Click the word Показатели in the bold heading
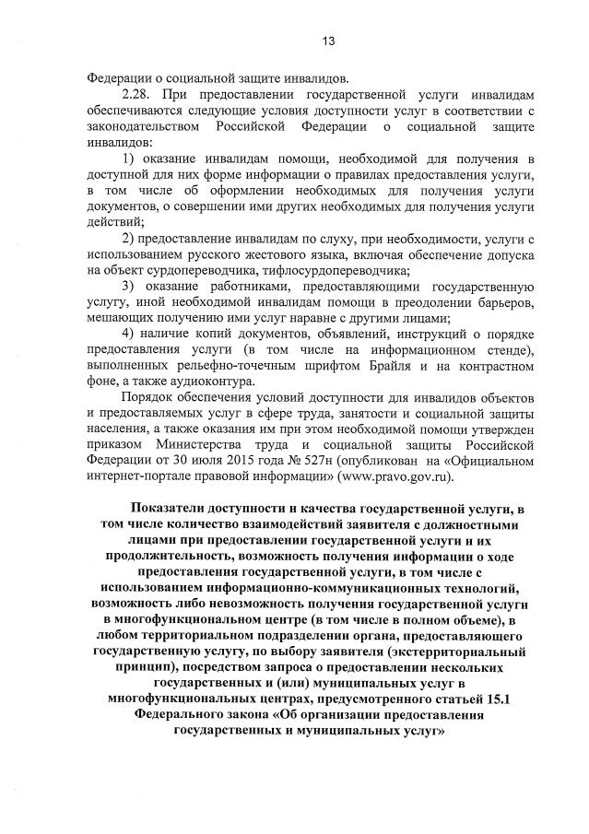pos(172,509)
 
